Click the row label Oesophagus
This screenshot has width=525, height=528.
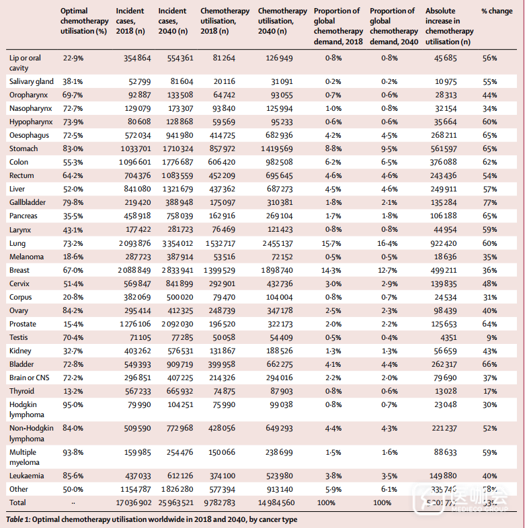tap(28, 135)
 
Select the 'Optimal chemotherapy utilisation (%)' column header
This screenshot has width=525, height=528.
tap(83, 21)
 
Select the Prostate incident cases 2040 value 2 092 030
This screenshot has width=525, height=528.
tap(175, 324)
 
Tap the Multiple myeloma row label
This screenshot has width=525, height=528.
tap(24, 457)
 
